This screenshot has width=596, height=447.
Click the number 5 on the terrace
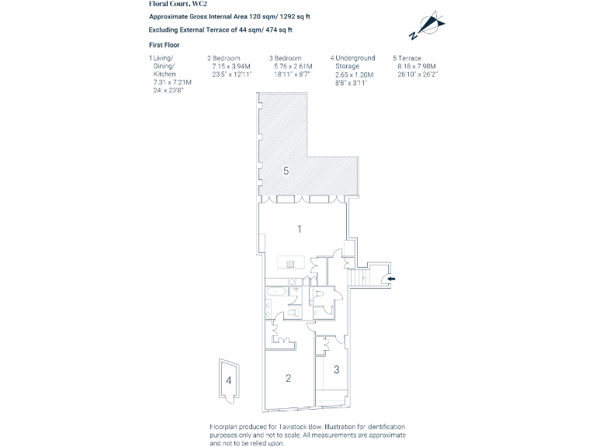click(286, 171)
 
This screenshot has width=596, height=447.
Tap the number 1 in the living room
click(299, 229)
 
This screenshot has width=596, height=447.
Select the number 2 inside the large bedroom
click(288, 378)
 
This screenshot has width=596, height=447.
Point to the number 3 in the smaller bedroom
click(336, 369)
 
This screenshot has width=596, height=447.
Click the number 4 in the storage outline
click(228, 380)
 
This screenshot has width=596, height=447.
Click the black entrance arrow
click(391, 279)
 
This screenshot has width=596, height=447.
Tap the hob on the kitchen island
click(290, 264)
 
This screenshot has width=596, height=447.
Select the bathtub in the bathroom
click(276, 292)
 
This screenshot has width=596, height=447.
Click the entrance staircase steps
click(358, 278)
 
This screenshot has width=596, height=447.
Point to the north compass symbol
click(428, 25)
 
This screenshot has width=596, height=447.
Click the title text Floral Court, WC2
click(178, 4)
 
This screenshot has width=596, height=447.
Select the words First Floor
click(165, 45)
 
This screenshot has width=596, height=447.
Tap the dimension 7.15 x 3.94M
click(231, 66)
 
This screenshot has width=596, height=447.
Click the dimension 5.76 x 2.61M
click(293, 66)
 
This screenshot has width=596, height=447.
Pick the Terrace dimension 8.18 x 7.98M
click(417, 66)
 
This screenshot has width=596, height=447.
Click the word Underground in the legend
click(355, 58)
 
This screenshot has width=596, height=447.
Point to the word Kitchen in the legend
click(165, 74)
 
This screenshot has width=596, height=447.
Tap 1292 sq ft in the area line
click(295, 17)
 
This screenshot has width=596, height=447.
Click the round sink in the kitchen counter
click(292, 282)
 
